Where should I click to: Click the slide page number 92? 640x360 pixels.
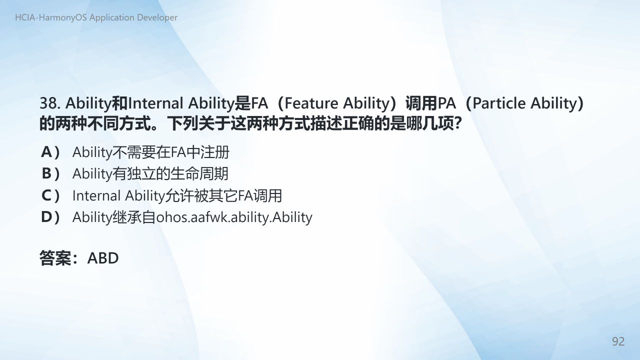618,341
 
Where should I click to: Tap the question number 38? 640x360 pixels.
49,103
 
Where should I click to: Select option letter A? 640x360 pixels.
46,151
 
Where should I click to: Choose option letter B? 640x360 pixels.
46,173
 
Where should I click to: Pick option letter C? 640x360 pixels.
46,195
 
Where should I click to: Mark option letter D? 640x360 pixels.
46,217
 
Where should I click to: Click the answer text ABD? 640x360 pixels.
103,258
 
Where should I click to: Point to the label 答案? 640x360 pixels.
55,258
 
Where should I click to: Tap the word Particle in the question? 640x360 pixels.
499,103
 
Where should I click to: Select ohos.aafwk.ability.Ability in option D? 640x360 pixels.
234,217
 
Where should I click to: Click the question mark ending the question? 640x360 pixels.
458,123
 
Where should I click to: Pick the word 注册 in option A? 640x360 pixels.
215,152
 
